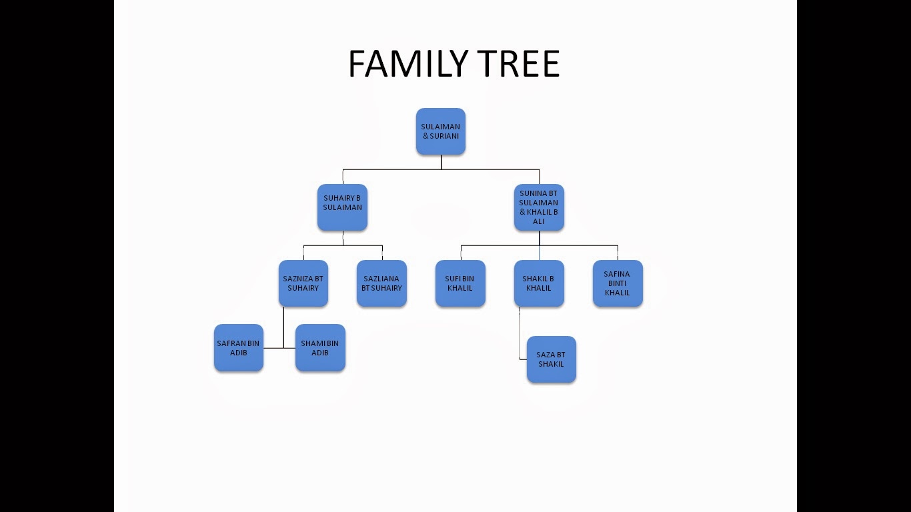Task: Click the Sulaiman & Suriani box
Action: click(x=440, y=131)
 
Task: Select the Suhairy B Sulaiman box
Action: click(x=342, y=207)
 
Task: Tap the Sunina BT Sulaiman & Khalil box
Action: click(x=539, y=207)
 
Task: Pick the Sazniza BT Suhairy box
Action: click(x=303, y=283)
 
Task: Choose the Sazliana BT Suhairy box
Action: click(x=381, y=283)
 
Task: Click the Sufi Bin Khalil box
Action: click(x=460, y=283)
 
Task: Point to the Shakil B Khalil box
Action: click(x=539, y=283)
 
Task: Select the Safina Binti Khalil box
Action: click(x=618, y=283)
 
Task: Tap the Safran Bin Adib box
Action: click(x=238, y=347)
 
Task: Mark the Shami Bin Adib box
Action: click(x=320, y=347)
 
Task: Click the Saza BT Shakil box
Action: click(x=551, y=359)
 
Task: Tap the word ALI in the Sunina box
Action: click(x=538, y=221)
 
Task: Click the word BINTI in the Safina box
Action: click(x=617, y=283)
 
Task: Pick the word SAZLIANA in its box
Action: click(x=381, y=279)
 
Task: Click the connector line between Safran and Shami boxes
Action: click(x=279, y=348)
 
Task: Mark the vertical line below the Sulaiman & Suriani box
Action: click(x=441, y=162)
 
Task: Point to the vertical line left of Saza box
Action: click(x=520, y=333)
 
